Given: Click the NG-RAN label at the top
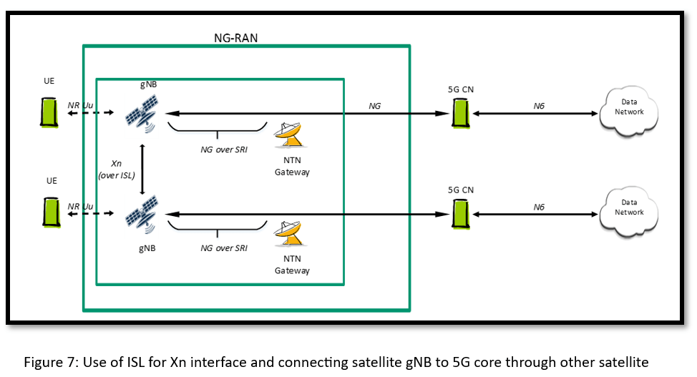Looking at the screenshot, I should [x=235, y=37].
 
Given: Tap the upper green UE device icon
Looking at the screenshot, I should [x=49, y=112].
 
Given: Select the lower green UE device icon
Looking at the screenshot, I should [x=49, y=212].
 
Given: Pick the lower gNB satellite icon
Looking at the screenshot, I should [x=142, y=214].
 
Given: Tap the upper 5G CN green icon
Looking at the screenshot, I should [x=460, y=113].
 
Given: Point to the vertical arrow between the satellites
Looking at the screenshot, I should [x=143, y=169].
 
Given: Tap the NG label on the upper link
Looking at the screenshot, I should [x=374, y=106].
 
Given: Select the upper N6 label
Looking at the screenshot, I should [x=539, y=106].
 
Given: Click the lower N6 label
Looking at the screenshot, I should [x=539, y=207].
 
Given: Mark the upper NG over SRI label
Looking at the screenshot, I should [x=224, y=150].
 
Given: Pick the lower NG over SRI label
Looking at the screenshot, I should [x=224, y=248].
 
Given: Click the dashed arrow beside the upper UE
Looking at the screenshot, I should [x=90, y=113].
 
